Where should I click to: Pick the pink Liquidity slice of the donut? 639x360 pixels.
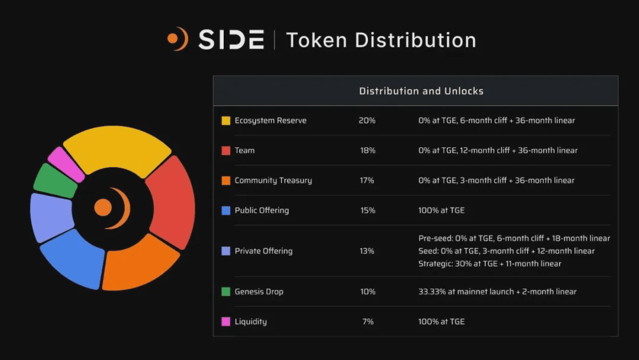[66, 164]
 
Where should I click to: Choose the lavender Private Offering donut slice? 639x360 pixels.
[51, 217]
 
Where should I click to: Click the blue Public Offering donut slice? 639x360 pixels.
[74, 258]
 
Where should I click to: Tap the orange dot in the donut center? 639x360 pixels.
[103, 207]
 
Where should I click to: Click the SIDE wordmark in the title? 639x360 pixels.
[231, 40]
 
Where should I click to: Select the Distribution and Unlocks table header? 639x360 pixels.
[421, 91]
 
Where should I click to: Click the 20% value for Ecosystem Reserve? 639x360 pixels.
[367, 120]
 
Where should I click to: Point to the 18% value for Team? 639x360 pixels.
[367, 150]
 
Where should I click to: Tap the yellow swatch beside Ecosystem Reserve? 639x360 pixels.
[225, 121]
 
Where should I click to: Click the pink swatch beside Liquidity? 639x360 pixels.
[225, 322]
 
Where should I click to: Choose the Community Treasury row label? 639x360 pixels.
[273, 181]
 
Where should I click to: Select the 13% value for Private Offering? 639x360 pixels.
[367, 251]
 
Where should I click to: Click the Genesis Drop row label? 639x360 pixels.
[259, 291]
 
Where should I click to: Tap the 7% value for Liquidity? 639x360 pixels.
[367, 322]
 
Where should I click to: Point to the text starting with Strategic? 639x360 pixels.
[489, 263]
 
